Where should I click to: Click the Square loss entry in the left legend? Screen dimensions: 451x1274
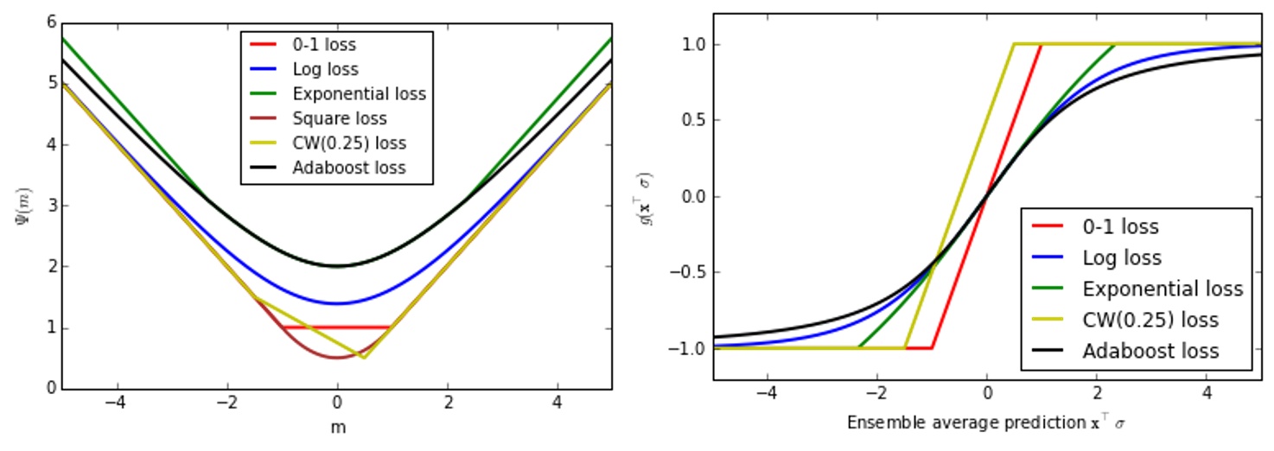(x=340, y=118)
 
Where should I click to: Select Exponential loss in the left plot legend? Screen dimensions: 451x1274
(x=359, y=93)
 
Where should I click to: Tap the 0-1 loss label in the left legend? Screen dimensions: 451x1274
(x=324, y=44)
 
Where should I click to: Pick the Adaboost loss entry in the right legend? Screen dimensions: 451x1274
(x=1150, y=351)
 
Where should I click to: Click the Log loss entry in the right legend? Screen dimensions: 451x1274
(x=1122, y=257)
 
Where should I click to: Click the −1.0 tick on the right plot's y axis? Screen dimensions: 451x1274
(x=684, y=348)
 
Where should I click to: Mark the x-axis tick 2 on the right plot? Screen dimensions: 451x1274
(x=1096, y=393)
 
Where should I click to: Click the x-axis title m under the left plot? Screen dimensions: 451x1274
(x=336, y=427)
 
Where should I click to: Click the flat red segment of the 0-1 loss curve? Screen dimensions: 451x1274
(x=337, y=327)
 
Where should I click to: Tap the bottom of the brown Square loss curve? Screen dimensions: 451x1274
(x=337, y=358)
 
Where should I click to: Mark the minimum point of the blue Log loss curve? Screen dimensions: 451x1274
(x=337, y=303)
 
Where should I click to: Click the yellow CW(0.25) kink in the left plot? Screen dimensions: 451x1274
(x=364, y=358)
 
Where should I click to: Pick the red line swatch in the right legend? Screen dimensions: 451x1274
(x=1048, y=227)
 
